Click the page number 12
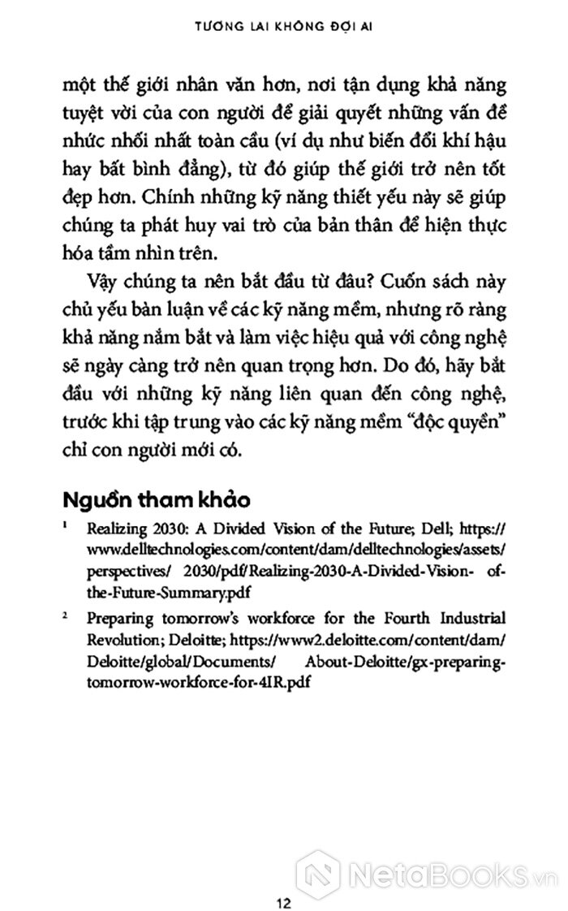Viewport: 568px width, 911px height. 283,880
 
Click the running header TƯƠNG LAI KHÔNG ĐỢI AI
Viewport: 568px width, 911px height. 283,25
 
